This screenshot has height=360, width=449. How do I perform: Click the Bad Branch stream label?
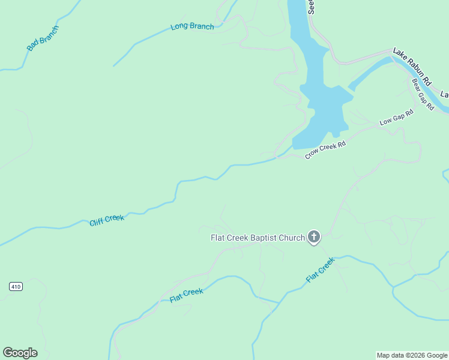pos(43,38)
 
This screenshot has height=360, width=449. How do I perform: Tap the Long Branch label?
pos(192,26)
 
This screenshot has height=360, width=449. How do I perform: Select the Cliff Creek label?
pos(107,220)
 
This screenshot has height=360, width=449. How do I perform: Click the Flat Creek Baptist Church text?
pos(258,238)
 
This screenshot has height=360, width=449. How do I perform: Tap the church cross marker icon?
pos(313,238)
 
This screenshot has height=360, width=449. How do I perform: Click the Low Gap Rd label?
pos(397,118)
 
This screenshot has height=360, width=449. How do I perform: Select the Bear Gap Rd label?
pos(423,94)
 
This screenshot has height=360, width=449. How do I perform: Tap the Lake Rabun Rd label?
pos(412,66)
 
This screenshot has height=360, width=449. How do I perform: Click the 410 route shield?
pos(16,287)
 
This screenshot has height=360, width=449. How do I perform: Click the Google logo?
pos(20,353)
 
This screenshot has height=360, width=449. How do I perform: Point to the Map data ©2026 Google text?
pos(412,355)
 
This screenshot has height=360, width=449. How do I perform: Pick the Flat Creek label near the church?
pos(319,270)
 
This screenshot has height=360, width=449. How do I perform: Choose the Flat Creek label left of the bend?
pos(186,295)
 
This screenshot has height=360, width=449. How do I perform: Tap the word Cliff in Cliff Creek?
pos(97,223)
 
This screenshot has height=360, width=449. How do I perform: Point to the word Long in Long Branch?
pos(179,26)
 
